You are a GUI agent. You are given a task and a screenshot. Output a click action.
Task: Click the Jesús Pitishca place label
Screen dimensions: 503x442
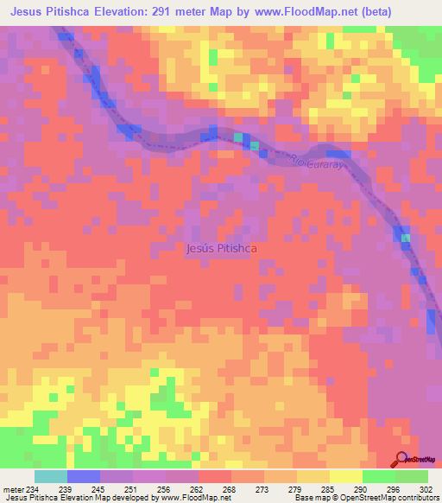(223, 248)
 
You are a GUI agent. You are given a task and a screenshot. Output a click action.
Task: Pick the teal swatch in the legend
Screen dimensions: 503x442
(51, 476)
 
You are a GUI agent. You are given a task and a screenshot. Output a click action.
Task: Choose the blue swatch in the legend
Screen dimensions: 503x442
(84, 476)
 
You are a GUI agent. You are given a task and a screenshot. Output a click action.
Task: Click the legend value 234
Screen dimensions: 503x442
(32, 489)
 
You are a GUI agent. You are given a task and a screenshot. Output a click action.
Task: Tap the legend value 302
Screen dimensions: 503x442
(425, 489)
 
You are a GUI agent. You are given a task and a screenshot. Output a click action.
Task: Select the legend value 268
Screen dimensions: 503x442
(229, 489)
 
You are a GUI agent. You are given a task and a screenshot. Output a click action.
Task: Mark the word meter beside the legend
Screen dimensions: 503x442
(11, 489)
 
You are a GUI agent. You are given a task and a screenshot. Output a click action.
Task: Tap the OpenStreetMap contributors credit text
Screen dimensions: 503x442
(380, 499)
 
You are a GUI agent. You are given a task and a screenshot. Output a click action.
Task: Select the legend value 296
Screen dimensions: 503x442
(393, 489)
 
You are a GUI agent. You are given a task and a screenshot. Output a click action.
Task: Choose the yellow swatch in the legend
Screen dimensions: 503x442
(346, 476)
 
